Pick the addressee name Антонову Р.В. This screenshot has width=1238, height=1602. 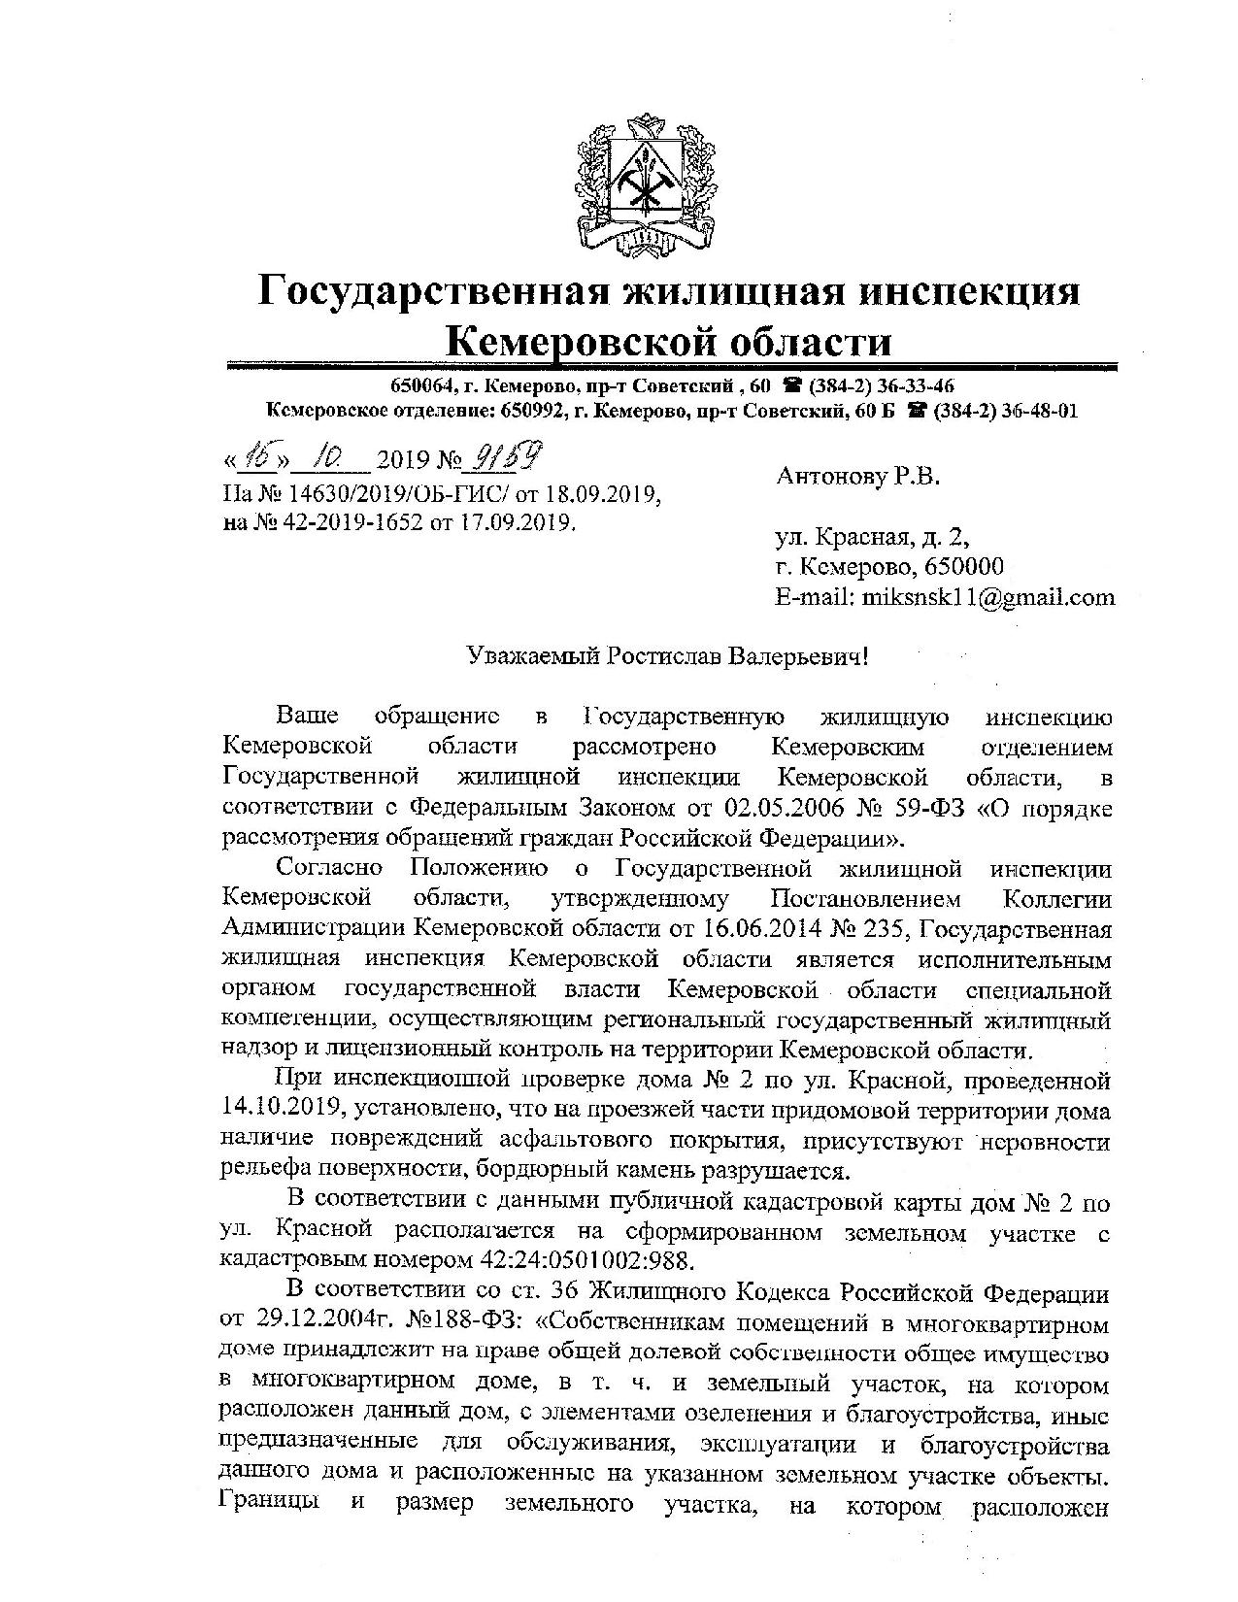click(858, 477)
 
